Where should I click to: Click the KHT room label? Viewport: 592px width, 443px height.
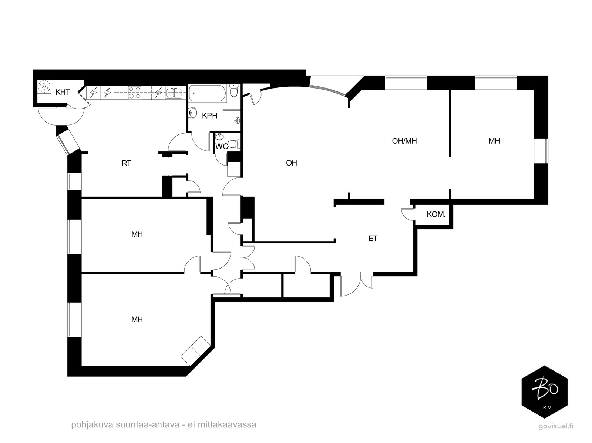point(63,92)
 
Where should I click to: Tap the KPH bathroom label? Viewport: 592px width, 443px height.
point(209,116)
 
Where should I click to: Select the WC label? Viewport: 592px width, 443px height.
point(221,147)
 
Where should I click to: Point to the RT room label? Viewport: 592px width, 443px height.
point(126,163)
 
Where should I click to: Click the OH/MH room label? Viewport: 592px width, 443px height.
point(404,141)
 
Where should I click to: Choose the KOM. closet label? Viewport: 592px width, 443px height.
point(436,214)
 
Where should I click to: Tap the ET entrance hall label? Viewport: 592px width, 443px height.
point(373,239)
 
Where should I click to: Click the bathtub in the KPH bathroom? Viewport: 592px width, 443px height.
point(208,93)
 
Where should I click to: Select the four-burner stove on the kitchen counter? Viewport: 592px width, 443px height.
point(134,92)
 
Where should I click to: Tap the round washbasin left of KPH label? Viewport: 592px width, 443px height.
point(193,113)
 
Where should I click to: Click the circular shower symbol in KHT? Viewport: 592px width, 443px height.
point(44,87)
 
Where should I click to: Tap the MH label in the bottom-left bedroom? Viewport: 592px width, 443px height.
point(137,320)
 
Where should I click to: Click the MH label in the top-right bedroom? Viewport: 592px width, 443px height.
point(494,141)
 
